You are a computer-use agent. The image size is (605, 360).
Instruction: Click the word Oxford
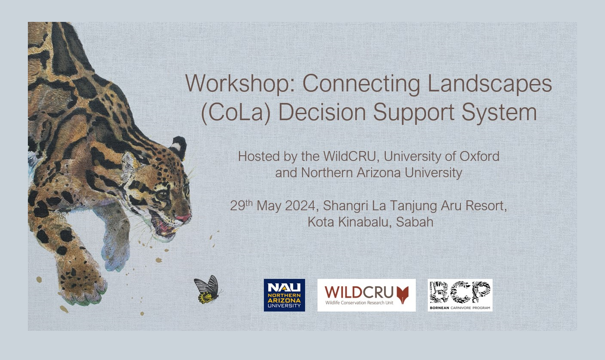point(479,156)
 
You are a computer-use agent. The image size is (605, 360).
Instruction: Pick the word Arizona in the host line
point(379,173)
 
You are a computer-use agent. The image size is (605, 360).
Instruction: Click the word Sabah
point(414,222)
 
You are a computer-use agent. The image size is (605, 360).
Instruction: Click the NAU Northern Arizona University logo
point(284,295)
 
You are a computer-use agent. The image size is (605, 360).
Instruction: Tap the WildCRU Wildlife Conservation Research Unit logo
point(366,295)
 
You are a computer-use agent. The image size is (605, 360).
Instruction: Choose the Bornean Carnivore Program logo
point(460,295)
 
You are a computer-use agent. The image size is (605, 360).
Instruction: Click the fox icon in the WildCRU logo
point(403,295)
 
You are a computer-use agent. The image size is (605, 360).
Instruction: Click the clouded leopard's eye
point(162,195)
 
